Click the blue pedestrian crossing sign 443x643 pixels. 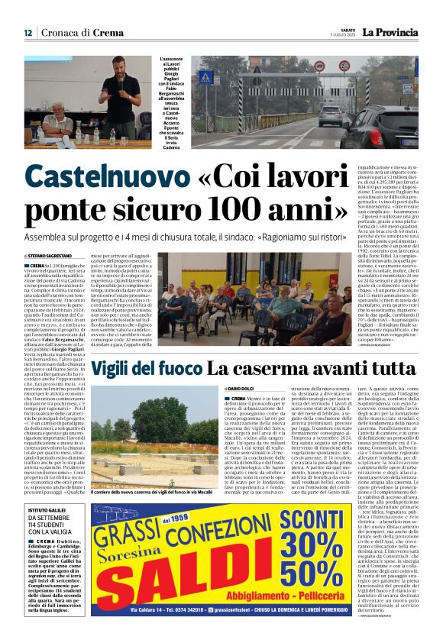205,77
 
